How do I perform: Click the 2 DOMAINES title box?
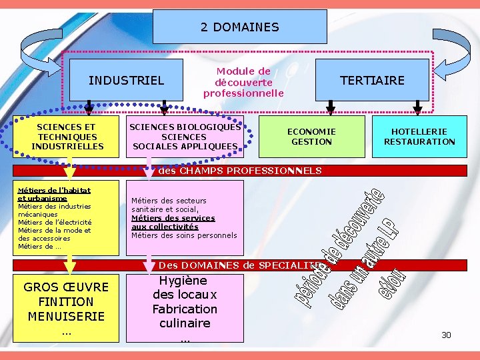coord(240,27)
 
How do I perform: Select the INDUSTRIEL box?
coord(126,81)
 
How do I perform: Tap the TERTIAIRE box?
coord(372,81)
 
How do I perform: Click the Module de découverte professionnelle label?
coord(243,82)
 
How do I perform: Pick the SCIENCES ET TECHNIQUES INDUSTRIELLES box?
coord(66,137)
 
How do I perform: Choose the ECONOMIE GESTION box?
coord(311,137)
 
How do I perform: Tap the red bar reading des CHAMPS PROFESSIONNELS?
coord(240,171)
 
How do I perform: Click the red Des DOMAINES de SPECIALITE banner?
coord(240,265)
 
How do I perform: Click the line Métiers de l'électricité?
coord(55,222)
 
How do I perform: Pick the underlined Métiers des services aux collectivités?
coord(173,222)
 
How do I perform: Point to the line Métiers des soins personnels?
coord(184,235)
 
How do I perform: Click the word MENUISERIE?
coord(66,317)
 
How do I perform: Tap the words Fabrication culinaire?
coord(185,316)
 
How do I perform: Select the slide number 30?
coord(446,335)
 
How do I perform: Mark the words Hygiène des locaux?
coord(185,287)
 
